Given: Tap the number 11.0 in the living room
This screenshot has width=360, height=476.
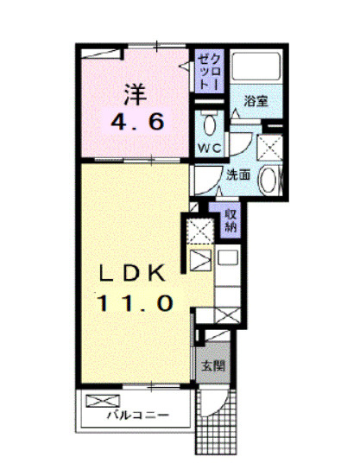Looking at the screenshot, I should tap(136, 303).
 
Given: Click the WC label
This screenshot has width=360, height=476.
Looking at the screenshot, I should tap(211, 149).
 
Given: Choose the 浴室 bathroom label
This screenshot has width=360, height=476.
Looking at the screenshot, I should tap(255, 101).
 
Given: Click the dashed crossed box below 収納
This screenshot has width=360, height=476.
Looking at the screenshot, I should tap(197, 230).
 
